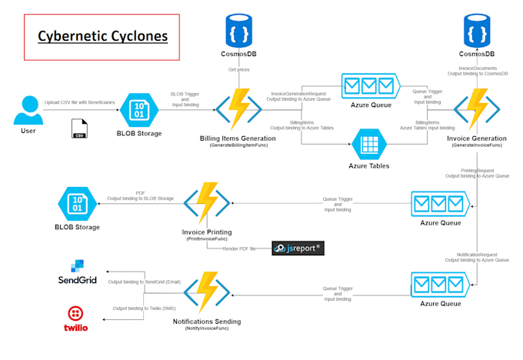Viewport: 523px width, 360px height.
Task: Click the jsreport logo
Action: click(298, 248)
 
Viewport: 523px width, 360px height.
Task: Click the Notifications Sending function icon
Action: click(207, 292)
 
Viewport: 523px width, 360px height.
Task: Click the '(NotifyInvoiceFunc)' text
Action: click(207, 328)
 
